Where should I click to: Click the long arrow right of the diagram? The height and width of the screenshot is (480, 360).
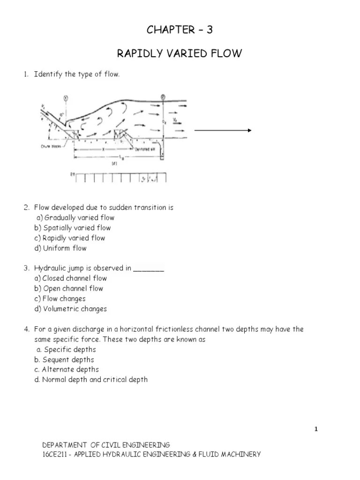point(223,131)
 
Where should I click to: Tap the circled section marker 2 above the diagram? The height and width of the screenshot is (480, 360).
point(163,97)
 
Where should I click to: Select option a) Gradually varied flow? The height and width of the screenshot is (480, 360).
point(75,217)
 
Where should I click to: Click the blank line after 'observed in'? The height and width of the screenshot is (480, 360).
point(149,269)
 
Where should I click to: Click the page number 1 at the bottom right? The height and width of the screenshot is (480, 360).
point(316,429)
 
